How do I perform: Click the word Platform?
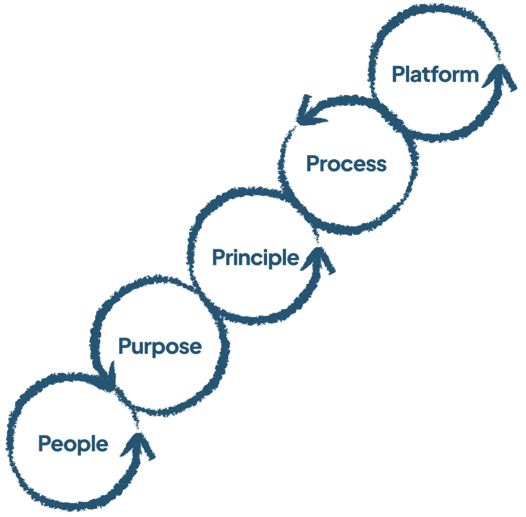pyautogui.click(x=435, y=75)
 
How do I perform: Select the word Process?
pyautogui.click(x=346, y=164)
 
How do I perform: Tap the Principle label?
pyautogui.click(x=255, y=257)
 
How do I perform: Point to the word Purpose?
pyautogui.click(x=160, y=347)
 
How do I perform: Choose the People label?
pyautogui.click(x=73, y=444)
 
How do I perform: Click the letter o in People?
pyautogui.click(x=68, y=445)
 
